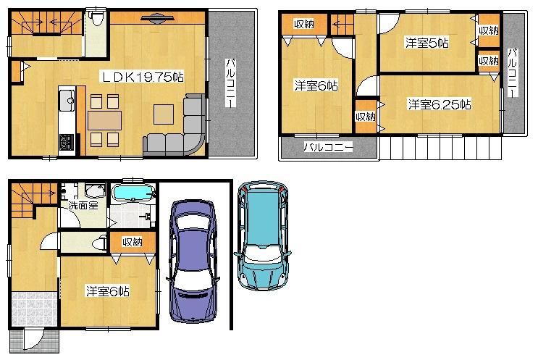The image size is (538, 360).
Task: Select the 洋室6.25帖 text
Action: [x=439, y=104]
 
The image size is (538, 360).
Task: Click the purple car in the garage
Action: [x=193, y=261]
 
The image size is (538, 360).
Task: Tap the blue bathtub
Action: [x=133, y=194]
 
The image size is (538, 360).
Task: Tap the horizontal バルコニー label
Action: [x=327, y=147]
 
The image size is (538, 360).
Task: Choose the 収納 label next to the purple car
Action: [x=132, y=242]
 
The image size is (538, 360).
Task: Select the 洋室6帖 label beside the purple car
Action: [x=107, y=291]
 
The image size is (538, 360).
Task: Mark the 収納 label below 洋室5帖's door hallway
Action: [x=365, y=117]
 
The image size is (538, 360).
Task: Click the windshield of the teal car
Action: [x=264, y=205]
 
